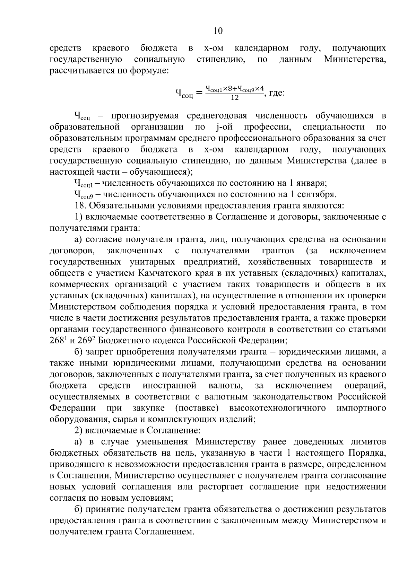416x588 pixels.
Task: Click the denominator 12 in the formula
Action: tap(235, 98)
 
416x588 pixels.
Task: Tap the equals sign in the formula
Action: tap(199, 93)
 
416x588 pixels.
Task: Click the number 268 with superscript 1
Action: tap(58, 340)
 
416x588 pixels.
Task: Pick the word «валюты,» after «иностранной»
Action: tap(223, 385)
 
